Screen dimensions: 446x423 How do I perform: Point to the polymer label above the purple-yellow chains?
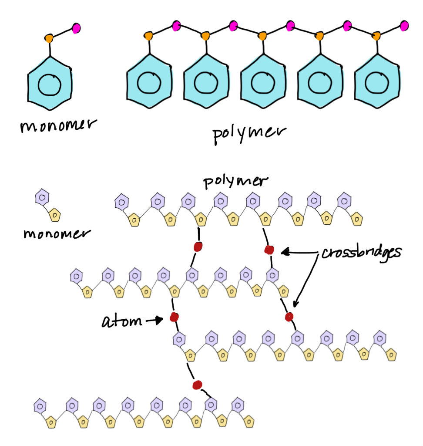click(x=235, y=182)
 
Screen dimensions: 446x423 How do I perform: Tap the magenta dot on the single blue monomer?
click(x=77, y=28)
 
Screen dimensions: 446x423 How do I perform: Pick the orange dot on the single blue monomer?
click(x=50, y=38)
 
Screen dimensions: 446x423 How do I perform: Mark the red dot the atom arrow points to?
click(x=175, y=317)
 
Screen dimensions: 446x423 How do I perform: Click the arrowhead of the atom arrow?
click(x=159, y=321)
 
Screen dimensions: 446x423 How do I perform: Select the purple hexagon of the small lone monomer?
click(x=42, y=198)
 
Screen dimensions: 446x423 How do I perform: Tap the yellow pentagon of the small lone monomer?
click(x=55, y=214)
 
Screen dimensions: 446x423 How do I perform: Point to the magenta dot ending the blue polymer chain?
click(x=404, y=26)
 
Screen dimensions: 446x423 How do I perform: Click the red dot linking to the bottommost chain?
click(x=197, y=385)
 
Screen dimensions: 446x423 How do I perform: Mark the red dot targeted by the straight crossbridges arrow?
click(x=269, y=250)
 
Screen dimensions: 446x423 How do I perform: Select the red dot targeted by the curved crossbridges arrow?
click(x=289, y=316)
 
